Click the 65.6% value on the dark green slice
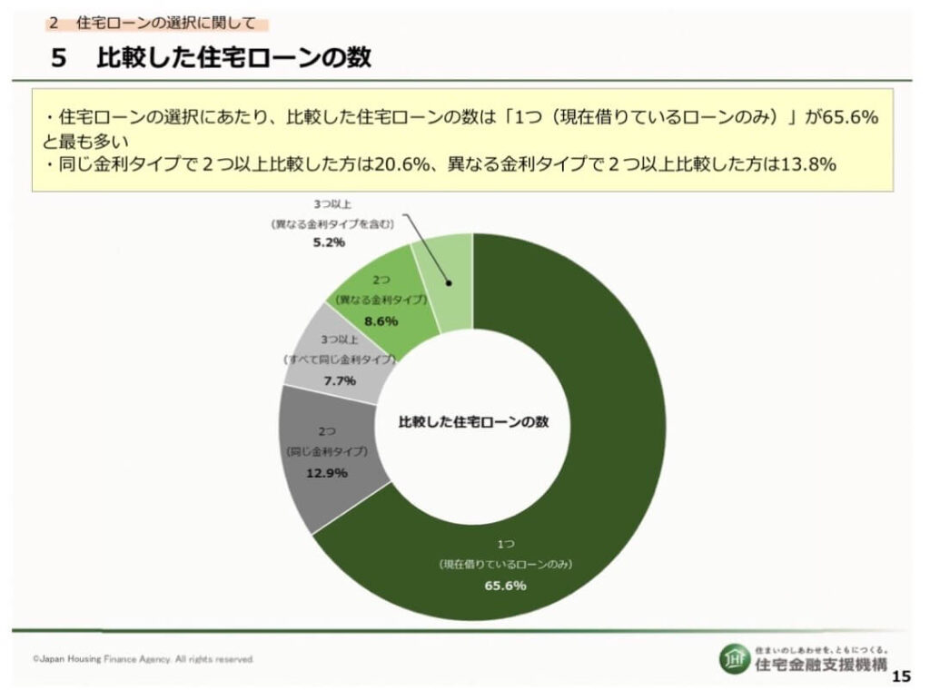[x=506, y=586]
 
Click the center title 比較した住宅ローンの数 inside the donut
[x=475, y=422]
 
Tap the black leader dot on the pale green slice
[x=449, y=282]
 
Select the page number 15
[x=901, y=676]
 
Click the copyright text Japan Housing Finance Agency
[x=143, y=659]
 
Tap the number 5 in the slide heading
[x=59, y=58]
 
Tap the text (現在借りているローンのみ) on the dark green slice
[x=506, y=564]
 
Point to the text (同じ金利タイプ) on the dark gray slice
[x=326, y=451]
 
